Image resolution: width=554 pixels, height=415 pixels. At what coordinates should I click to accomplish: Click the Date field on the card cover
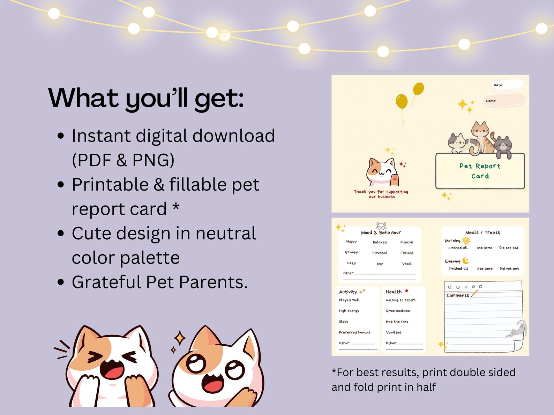tap(508, 85)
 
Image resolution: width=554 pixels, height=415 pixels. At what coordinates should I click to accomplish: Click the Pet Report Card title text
tap(480, 171)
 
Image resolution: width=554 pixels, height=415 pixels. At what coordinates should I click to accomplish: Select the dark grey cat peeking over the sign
tap(503, 145)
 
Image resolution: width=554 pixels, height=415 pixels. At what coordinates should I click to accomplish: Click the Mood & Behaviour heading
tap(381, 232)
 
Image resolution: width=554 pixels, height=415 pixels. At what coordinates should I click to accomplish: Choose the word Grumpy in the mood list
tap(351, 252)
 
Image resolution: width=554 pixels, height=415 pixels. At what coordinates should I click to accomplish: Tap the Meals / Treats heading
tap(482, 232)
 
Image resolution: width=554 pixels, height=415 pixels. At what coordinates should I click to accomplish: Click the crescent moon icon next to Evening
tap(466, 261)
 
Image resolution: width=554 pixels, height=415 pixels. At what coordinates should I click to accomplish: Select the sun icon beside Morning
tap(466, 240)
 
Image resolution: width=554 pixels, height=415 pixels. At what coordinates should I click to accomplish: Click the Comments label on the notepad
tap(458, 295)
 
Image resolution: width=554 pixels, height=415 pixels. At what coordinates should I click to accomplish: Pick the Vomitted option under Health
tap(394, 332)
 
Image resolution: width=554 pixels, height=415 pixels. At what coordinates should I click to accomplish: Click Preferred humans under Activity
tap(354, 332)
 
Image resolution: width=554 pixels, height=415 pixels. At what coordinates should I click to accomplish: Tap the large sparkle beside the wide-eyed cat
tap(180, 338)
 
